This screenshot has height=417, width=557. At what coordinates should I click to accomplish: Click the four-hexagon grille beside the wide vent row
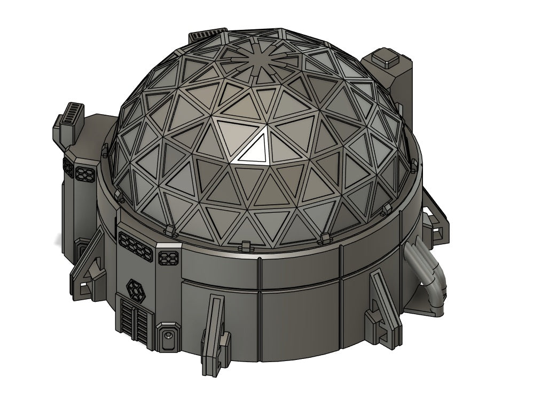[168, 258]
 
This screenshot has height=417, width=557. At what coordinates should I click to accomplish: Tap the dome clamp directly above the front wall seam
[245, 247]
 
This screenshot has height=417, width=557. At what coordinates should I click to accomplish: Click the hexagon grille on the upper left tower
[85, 174]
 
